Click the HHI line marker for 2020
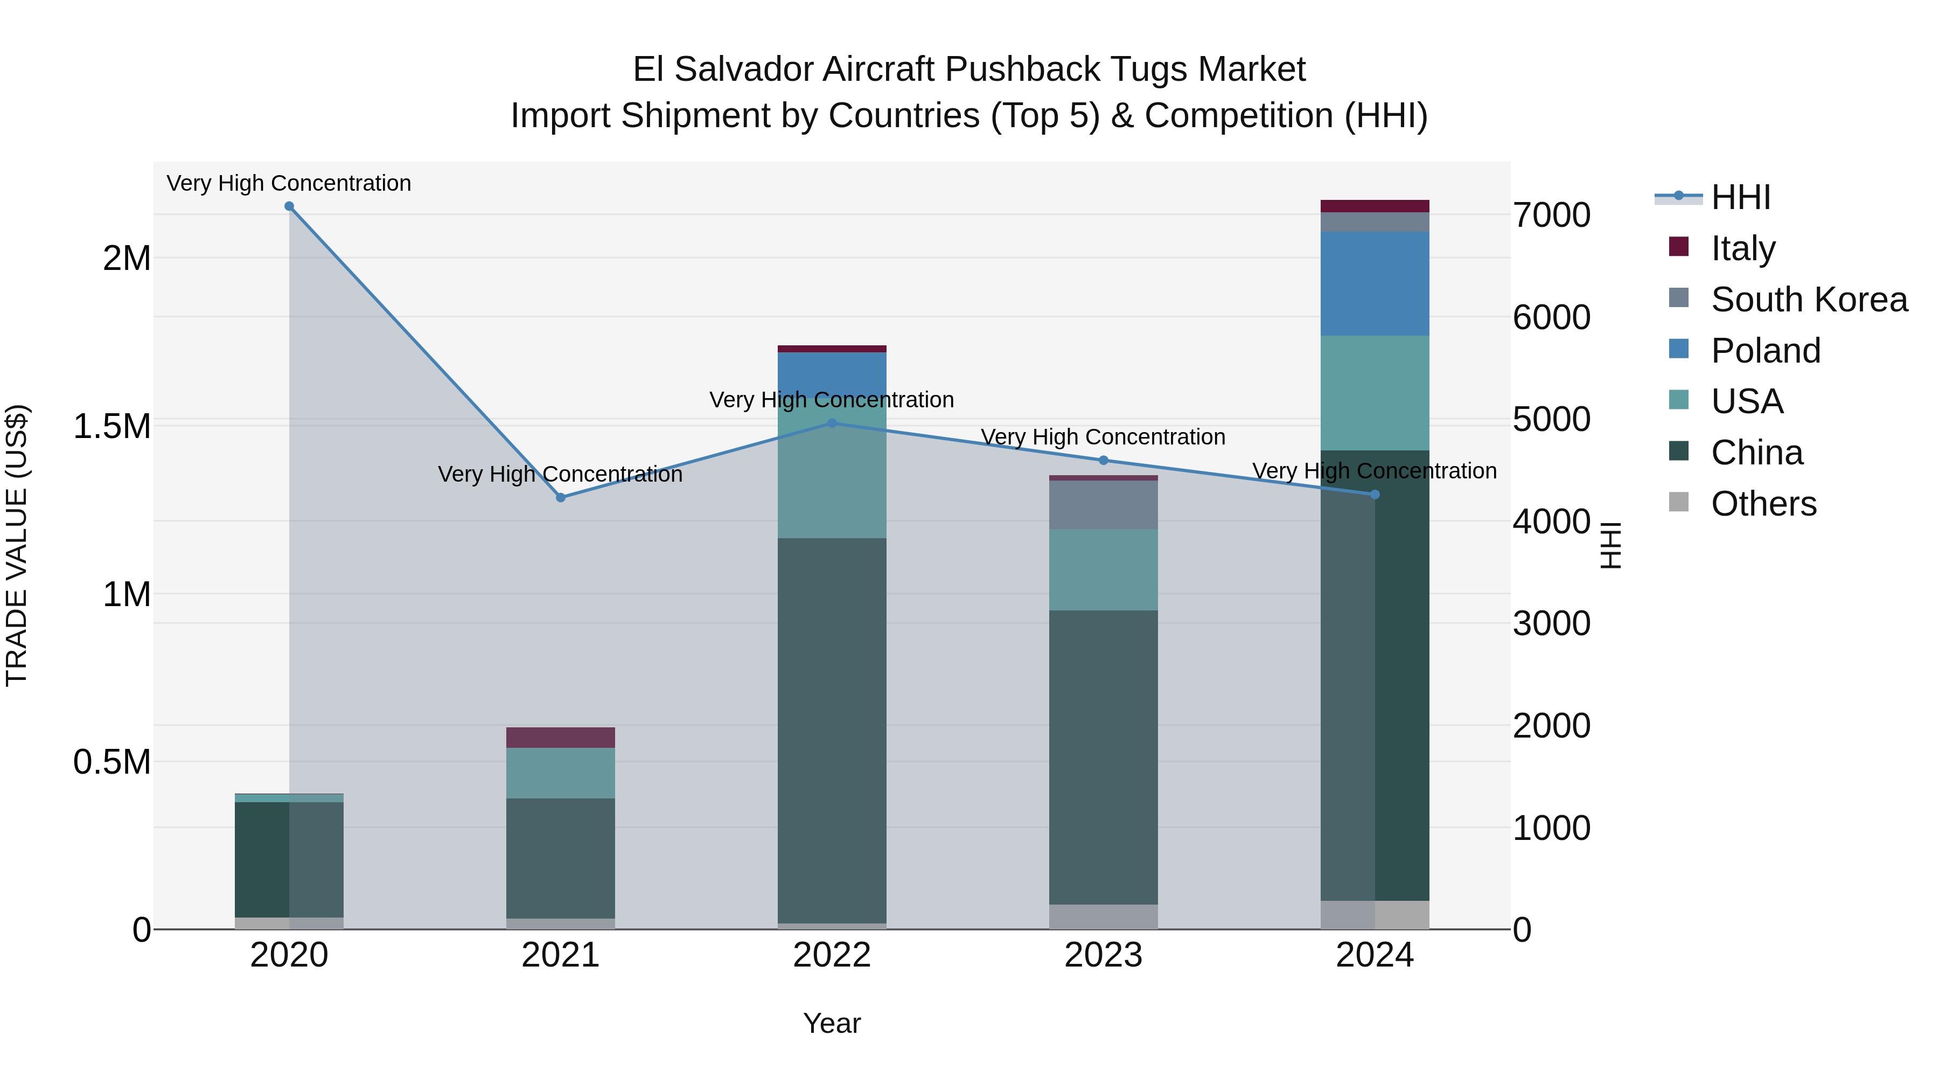point(289,206)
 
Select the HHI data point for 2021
point(561,498)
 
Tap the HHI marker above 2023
point(1104,460)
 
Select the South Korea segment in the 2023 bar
point(1104,504)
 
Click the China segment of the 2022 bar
point(832,731)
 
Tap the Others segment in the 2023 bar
point(1104,916)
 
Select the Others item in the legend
point(1763,504)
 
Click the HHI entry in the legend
point(1740,197)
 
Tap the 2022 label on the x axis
point(832,955)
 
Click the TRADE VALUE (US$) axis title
point(17,545)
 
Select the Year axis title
point(832,1023)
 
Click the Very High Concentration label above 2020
point(289,183)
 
